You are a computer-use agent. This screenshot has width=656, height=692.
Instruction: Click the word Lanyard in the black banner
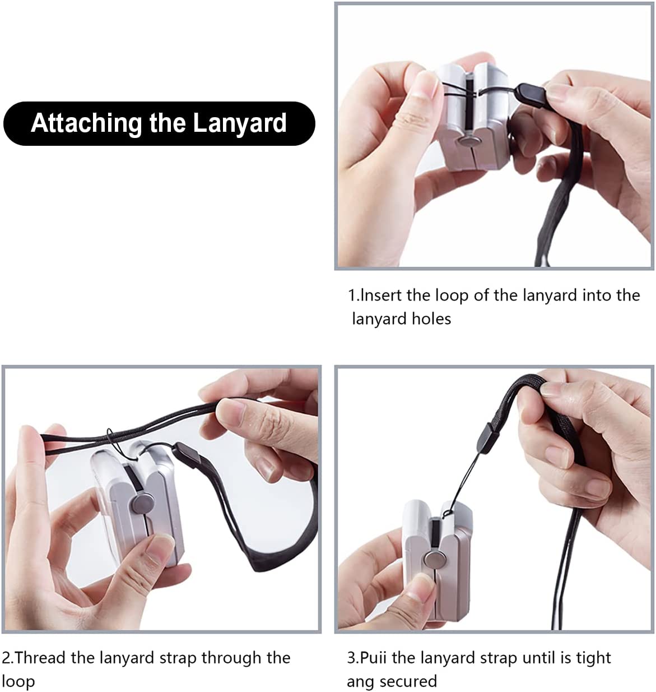(240, 123)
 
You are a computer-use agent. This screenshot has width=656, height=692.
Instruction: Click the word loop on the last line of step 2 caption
(18, 682)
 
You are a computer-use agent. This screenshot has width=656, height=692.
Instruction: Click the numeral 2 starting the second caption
(6, 657)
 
